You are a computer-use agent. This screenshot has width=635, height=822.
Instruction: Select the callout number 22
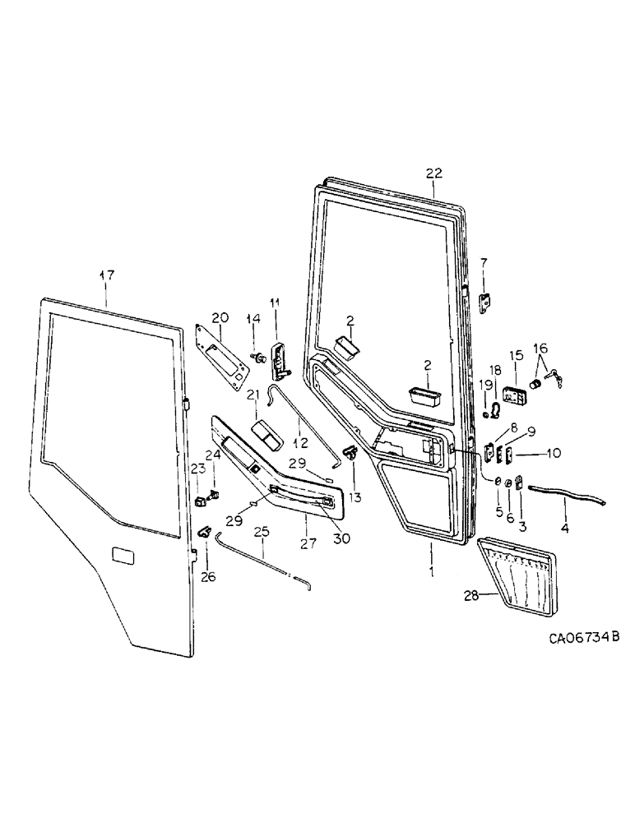(433, 173)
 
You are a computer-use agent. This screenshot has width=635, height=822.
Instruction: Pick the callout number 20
(220, 317)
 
